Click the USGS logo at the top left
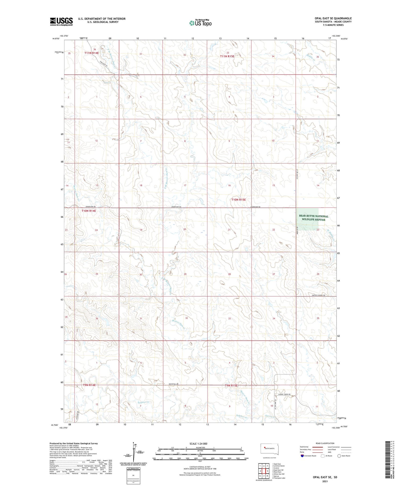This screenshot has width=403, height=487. pyautogui.click(x=61, y=21)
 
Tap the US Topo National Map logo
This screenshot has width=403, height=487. pyautogui.click(x=200, y=23)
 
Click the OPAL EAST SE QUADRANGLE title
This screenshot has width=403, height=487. pyautogui.click(x=333, y=18)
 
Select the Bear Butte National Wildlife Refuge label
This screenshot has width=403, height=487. pyautogui.click(x=314, y=218)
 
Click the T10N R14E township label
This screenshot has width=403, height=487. pyautogui.click(x=89, y=211)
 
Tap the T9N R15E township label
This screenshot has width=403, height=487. pyautogui.click(x=231, y=385)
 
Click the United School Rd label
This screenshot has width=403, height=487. pyautogui.click(x=318, y=295)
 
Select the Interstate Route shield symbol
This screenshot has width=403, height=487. pyautogui.click(x=302, y=456)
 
